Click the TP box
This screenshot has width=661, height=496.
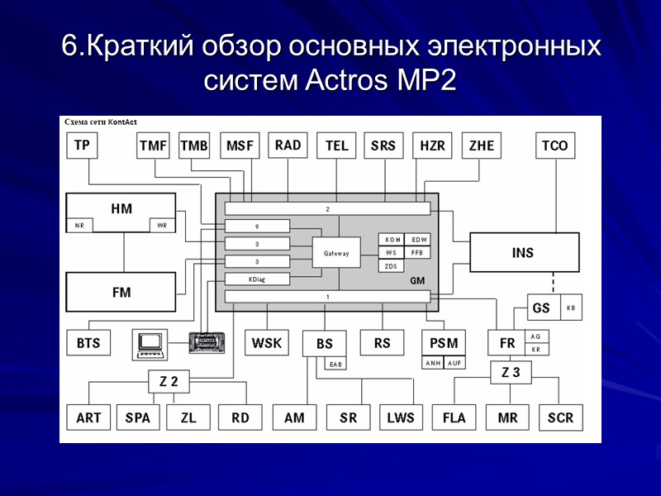pos(82,145)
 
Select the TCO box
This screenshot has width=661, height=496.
pos(555,145)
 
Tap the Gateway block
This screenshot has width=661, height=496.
pos(336,253)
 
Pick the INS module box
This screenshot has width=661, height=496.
pos(524,252)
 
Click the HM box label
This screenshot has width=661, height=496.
pos(121,207)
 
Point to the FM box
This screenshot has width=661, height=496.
pos(121,292)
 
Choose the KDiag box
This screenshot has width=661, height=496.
pos(257,279)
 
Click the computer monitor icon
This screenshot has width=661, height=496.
pos(150,341)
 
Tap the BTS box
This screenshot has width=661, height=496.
pos(88,342)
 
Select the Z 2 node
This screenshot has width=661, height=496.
pos(169,381)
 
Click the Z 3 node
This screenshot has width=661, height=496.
pos(511,373)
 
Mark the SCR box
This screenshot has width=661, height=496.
pos(560,417)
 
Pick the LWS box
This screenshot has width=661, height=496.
pos(400,417)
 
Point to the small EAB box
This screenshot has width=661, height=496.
pos(335,364)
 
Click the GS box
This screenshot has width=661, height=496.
pos(541,308)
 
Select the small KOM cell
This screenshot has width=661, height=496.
pos(392,240)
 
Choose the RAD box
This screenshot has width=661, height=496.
pos(288,145)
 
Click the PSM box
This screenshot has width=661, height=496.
pos(444,342)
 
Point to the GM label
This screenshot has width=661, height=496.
pos(417,281)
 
